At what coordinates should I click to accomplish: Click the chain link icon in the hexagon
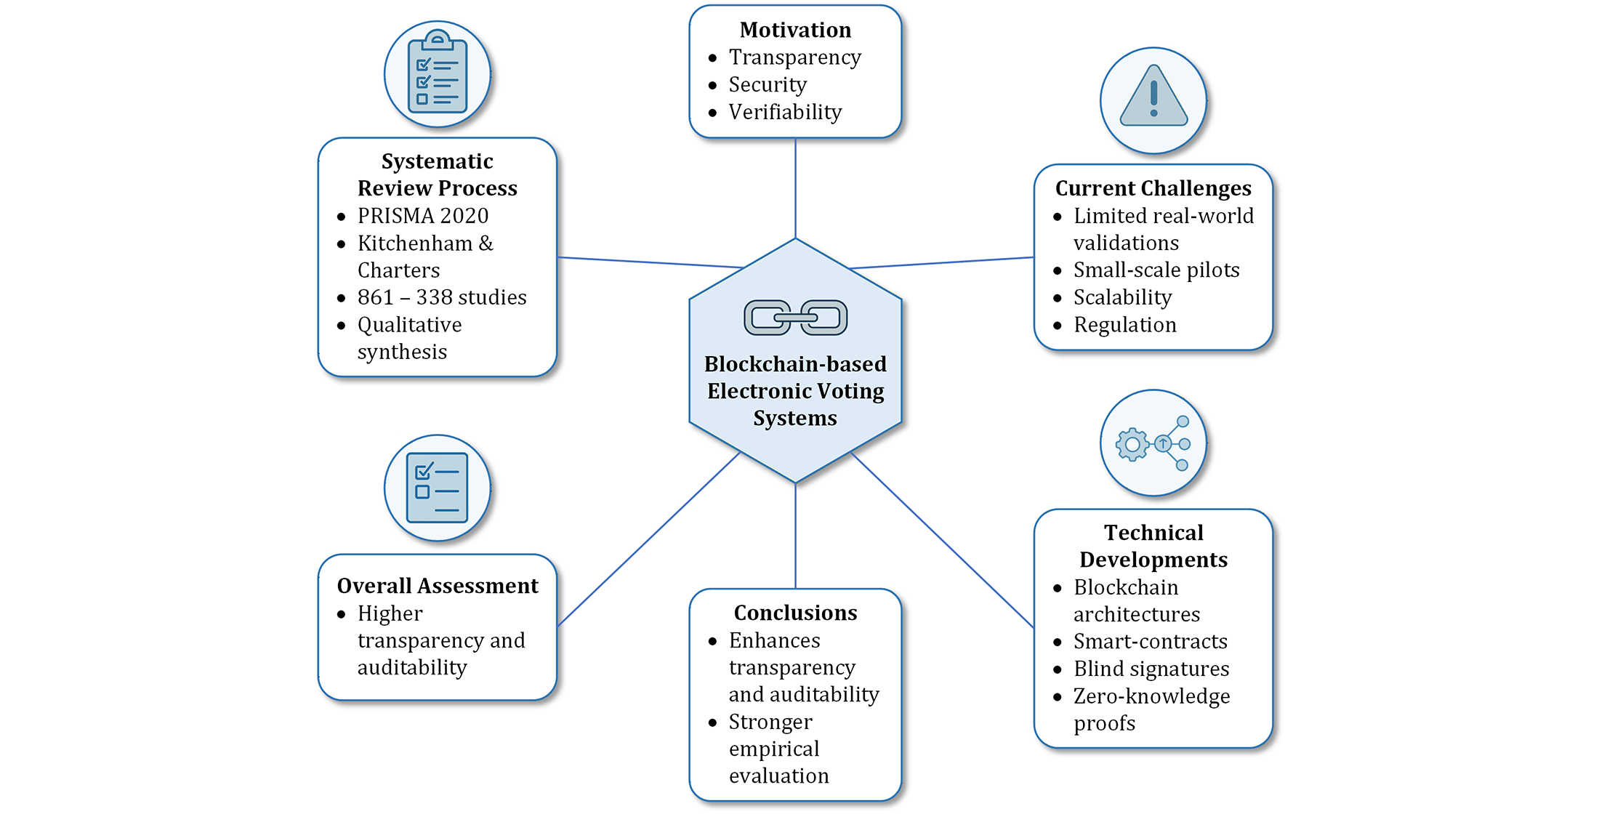pos(795,318)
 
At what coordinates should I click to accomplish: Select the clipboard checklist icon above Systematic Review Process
pos(437,73)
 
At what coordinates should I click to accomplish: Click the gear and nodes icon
pos(1153,443)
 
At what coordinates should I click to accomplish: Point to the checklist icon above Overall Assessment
pos(437,488)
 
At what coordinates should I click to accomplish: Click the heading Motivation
pos(795,30)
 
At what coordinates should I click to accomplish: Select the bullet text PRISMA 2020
pos(422,216)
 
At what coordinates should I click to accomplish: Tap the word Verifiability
pos(785,112)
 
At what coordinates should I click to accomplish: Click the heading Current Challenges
pos(1153,188)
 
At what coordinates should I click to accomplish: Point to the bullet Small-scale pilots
pos(1156,270)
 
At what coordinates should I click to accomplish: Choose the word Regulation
pos(1124,325)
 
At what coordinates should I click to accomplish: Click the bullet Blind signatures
pos(1151,669)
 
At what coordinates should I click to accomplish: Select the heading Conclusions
pos(795,613)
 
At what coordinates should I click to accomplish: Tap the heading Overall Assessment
pos(438,586)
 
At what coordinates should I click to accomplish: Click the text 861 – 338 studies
pos(441,297)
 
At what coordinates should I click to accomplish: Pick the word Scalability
pos(1122,297)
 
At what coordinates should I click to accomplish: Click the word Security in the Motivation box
pos(768,85)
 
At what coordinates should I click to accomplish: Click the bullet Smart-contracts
pos(1150,642)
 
